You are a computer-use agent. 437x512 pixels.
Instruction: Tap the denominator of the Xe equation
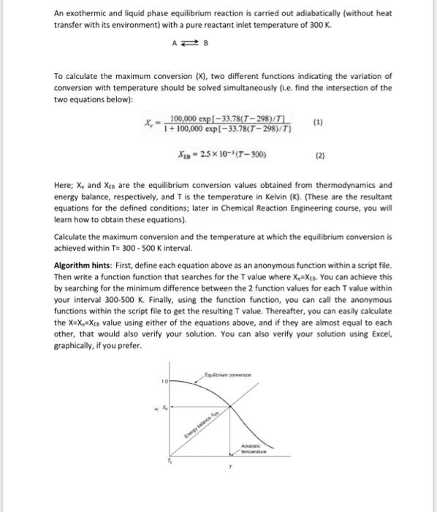click(x=215, y=129)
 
